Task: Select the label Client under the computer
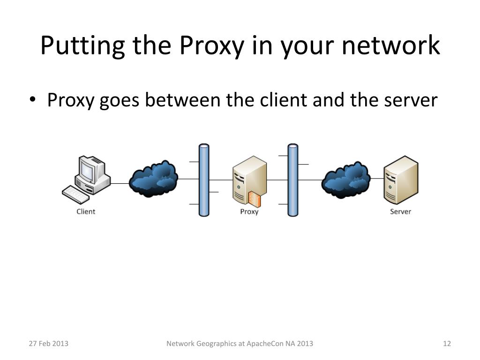[86, 211]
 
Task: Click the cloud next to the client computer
[153, 179]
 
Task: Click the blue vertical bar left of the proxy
[204, 180]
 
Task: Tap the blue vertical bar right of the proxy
[292, 180]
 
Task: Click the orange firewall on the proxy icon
[254, 199]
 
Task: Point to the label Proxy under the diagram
[249, 211]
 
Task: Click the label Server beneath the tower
[400, 211]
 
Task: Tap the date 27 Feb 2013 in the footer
[49, 344]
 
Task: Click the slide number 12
[447, 344]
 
